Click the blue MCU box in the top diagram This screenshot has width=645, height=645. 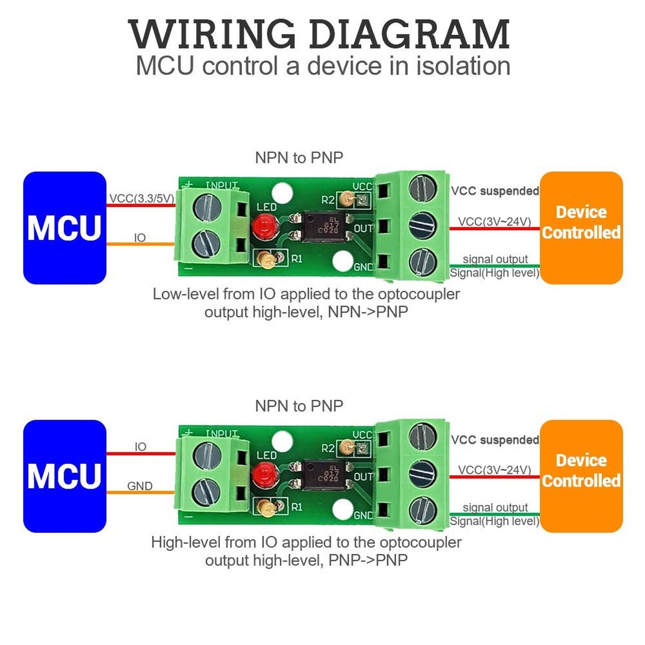(64, 228)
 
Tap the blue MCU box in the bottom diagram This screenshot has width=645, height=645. (64, 476)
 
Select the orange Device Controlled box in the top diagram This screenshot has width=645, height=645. (581, 228)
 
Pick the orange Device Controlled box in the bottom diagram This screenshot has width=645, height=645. (581, 476)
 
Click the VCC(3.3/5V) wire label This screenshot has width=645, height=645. (141, 199)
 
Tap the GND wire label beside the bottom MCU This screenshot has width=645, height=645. (140, 486)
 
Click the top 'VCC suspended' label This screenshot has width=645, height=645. (495, 191)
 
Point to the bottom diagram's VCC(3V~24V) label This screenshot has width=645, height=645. (495, 470)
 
